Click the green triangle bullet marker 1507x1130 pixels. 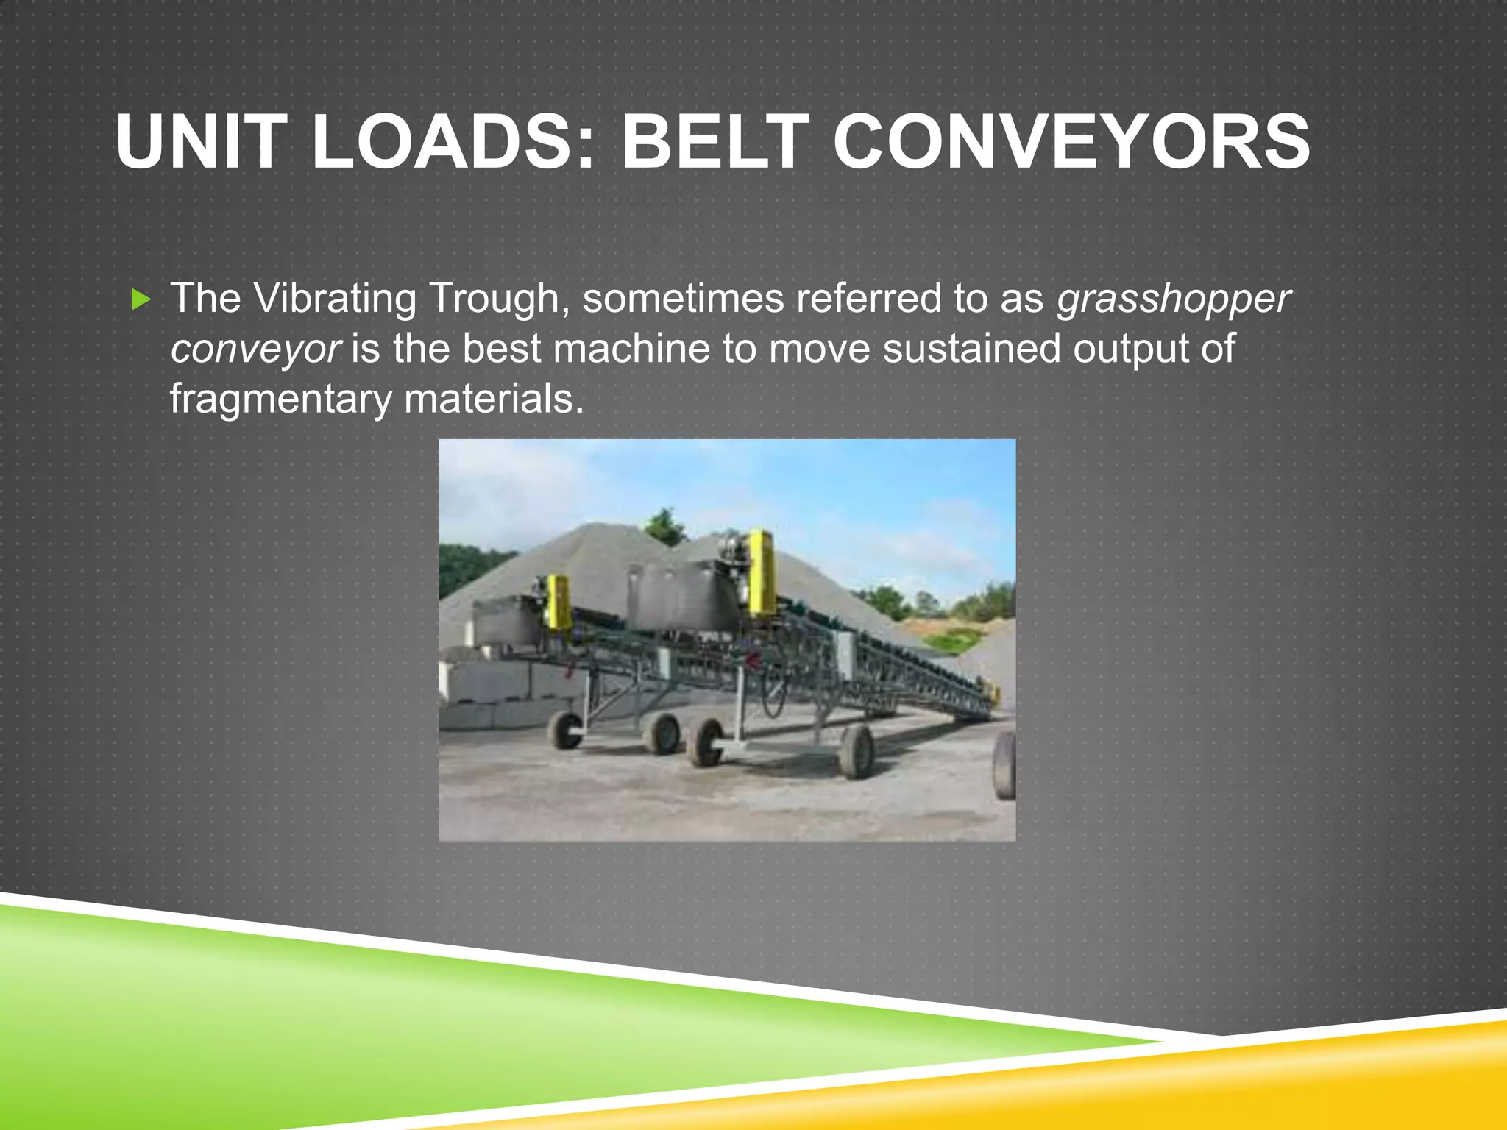(141, 299)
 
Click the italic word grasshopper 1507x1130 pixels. (1173, 299)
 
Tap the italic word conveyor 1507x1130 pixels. (255, 349)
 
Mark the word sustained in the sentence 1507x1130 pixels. (971, 348)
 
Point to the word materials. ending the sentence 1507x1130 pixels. (494, 398)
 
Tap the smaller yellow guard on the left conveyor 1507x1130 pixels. (559, 602)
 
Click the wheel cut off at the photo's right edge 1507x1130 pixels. (1005, 765)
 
